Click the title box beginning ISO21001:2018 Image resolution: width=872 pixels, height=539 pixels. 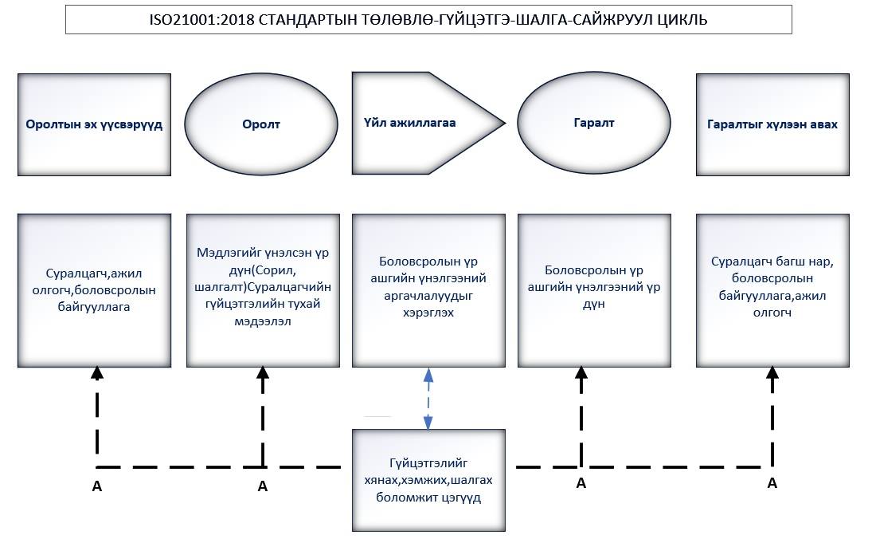click(428, 19)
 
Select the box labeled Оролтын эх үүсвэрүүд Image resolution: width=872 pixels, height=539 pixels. click(94, 124)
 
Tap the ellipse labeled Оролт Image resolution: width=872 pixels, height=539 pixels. click(261, 124)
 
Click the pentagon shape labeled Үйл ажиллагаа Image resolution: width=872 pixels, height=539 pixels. click(428, 123)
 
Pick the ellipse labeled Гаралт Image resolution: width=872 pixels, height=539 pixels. click(594, 123)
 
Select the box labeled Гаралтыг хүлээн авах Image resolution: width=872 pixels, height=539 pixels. click(772, 124)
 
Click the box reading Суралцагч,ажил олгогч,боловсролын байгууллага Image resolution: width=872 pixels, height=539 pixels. click(94, 290)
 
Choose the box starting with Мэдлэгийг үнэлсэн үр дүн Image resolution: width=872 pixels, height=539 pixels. click(263, 290)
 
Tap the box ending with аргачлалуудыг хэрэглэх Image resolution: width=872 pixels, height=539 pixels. click(428, 290)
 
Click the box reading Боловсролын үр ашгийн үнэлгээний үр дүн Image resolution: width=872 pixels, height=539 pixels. click(595, 290)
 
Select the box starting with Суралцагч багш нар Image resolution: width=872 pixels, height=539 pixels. click(772, 290)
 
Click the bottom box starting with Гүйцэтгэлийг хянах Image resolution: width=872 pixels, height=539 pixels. click(428, 480)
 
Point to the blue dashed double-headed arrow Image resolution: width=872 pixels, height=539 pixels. click(428, 399)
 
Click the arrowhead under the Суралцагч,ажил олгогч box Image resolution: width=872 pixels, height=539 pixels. click(97, 372)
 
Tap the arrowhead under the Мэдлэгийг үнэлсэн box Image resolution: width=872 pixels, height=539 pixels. click(263, 372)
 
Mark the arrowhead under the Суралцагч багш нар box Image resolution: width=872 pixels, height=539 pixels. click(772, 372)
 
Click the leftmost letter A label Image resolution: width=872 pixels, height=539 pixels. click(97, 486)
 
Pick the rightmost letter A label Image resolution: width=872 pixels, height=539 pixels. click(772, 482)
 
